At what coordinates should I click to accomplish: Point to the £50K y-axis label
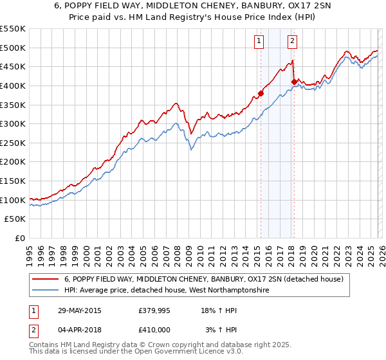[x=14, y=219]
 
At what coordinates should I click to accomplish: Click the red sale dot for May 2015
[x=261, y=93]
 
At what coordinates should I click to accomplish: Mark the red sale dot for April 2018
[x=294, y=82]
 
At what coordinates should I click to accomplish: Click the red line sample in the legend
[x=46, y=279]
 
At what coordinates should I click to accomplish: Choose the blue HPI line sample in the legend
[x=46, y=291]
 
